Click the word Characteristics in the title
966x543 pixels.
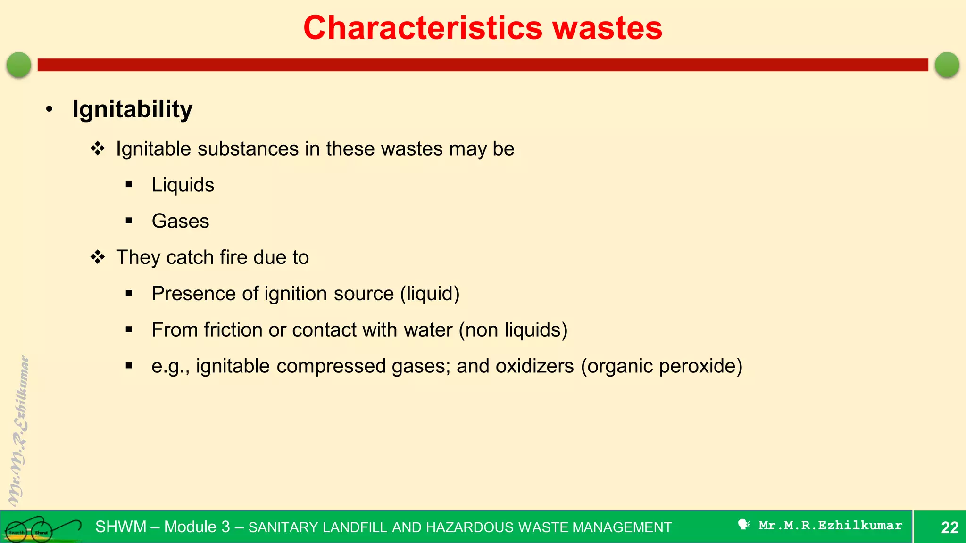point(423,28)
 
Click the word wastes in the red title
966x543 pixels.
point(608,28)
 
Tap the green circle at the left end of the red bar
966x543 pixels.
point(19,65)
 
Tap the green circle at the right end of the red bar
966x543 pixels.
point(947,65)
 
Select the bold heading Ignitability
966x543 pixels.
point(133,109)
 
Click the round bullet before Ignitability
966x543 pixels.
point(50,110)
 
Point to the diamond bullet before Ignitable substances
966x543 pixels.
point(98,149)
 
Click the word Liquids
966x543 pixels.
point(183,185)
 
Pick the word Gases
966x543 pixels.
point(180,221)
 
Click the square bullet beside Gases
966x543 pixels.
point(129,221)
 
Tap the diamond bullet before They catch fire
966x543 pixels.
point(98,257)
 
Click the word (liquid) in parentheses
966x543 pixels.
point(430,294)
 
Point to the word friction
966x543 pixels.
point(233,330)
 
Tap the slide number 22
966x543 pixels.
point(949,527)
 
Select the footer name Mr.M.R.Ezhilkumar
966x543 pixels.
point(830,526)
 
